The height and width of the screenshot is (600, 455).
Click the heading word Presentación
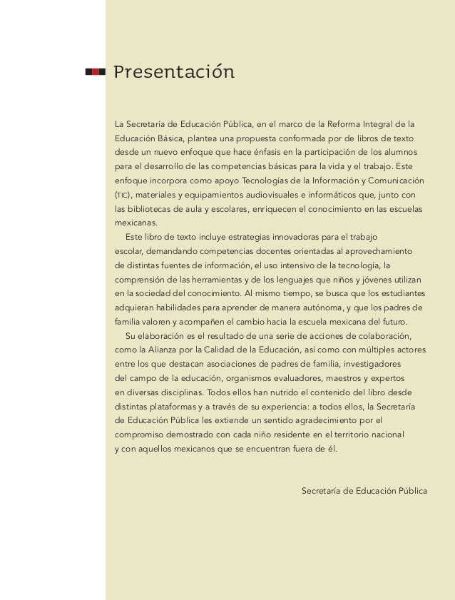tap(173, 73)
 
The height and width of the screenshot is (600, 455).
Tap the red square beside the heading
tap(96, 71)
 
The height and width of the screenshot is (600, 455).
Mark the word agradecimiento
tap(319, 420)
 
